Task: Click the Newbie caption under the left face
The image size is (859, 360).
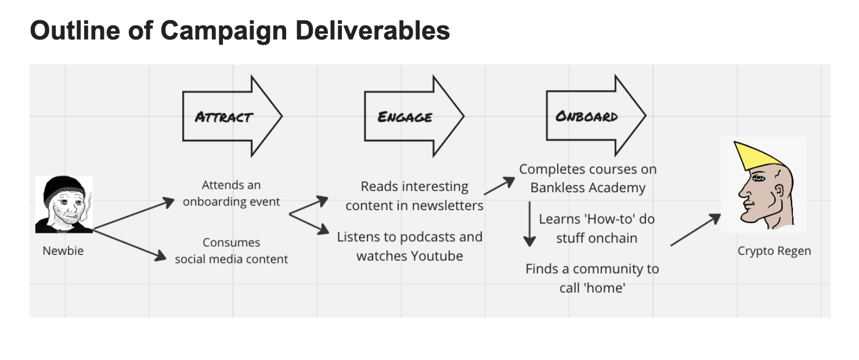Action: tap(63, 251)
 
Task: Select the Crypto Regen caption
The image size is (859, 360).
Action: tap(774, 251)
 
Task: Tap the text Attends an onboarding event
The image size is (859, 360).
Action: tap(231, 193)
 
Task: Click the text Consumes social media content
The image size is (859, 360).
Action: tap(231, 251)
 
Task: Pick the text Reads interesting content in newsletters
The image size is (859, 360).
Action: tap(414, 196)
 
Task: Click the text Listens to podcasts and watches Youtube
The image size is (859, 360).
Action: tap(410, 246)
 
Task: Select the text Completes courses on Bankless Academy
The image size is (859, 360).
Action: tap(587, 178)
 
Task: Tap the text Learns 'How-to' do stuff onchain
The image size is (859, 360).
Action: tap(597, 228)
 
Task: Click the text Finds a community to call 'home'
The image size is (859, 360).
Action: tap(592, 278)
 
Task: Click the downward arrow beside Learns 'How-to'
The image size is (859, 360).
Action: tap(529, 224)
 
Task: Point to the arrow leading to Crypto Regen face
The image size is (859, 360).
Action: tap(695, 230)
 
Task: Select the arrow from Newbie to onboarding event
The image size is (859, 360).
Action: tap(133, 214)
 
